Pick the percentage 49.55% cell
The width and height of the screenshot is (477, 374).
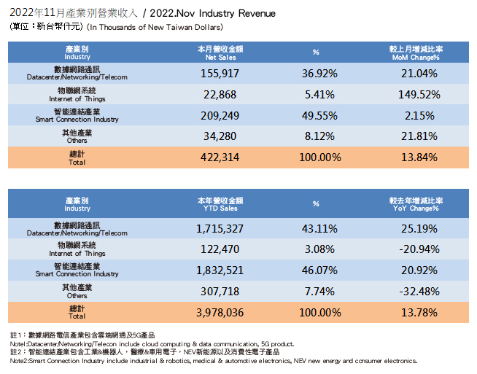pyautogui.click(x=317, y=115)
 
